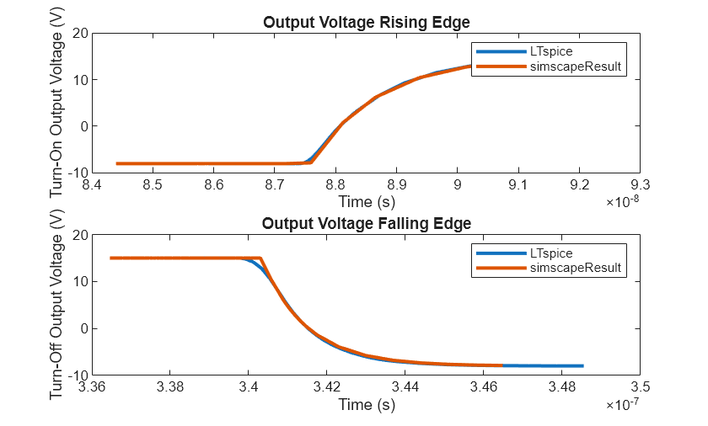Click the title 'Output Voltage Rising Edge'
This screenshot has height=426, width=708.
click(366, 22)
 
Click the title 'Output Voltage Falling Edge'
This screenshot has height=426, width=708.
click(366, 224)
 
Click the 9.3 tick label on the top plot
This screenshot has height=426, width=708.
click(640, 184)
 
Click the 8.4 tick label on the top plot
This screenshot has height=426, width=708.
click(93, 184)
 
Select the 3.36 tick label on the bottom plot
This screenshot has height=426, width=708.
click(93, 386)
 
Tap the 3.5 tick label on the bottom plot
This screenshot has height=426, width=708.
click(640, 386)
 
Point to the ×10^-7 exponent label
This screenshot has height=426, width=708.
click(623, 405)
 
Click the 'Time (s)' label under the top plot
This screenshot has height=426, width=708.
click(366, 202)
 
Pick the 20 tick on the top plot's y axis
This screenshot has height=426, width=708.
click(81, 34)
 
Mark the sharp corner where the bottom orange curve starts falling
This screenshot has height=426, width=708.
click(260, 258)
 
